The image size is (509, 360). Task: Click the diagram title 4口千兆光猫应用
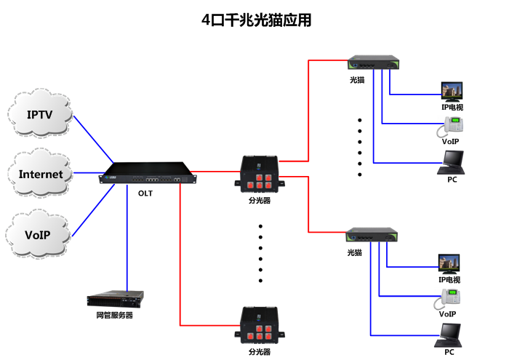256,20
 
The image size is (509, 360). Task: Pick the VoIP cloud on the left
40,235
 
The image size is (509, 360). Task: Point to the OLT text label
145,193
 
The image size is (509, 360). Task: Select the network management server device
115,299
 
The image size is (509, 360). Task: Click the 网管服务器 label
115,316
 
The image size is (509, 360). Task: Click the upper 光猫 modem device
374,64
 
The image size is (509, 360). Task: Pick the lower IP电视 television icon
449,264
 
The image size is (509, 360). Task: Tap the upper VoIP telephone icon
450,127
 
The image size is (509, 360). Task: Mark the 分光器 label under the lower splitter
259,351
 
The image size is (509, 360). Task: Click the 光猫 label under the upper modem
356,79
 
